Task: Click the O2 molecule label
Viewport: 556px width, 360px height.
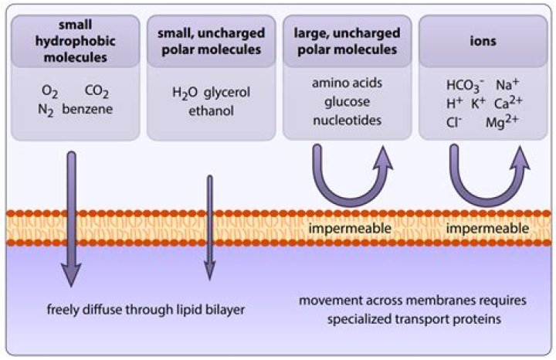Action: tap(49, 92)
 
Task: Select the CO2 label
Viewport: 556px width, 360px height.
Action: tap(97, 92)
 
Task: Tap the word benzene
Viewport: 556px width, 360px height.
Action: tap(87, 109)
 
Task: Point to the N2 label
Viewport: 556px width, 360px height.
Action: tap(46, 110)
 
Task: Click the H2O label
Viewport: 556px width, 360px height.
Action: tap(185, 93)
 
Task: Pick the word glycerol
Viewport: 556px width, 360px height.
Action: tap(227, 93)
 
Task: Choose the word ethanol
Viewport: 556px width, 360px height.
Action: tap(211, 111)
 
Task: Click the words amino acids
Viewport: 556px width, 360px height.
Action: tap(347, 83)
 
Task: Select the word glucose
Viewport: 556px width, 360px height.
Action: tap(347, 103)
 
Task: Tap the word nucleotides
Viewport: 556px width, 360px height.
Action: tap(347, 121)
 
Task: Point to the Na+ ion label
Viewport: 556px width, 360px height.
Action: tap(507, 84)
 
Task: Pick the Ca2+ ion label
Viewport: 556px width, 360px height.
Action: tap(508, 103)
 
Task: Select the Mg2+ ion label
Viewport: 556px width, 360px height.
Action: tap(502, 121)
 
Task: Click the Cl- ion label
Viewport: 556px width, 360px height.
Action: tap(454, 122)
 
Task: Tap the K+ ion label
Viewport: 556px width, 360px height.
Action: tap(478, 104)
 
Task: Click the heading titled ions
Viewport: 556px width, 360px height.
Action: tap(483, 41)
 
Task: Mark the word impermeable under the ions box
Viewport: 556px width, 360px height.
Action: tap(487, 228)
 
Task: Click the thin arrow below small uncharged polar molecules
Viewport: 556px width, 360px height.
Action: tap(210, 228)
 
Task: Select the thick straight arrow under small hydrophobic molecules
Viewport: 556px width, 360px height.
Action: tap(72, 219)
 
